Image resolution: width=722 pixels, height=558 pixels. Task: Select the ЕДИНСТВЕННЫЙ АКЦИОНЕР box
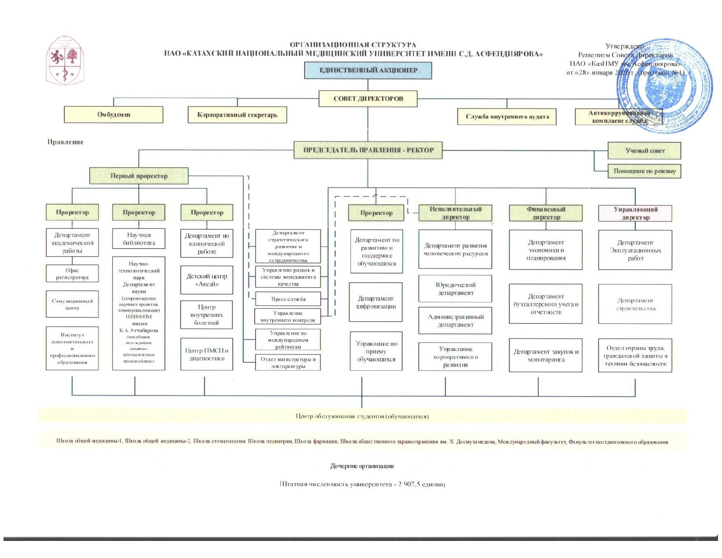coord(368,70)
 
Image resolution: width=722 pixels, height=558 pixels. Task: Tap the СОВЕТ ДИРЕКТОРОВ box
coord(368,99)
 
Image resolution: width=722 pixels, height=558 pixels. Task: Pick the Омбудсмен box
coord(114,115)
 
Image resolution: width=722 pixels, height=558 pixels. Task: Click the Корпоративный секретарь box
coord(237,115)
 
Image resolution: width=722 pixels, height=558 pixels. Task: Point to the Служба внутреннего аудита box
coord(507,117)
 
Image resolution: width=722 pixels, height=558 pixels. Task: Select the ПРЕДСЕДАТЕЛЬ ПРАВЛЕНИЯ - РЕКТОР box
coord(368,150)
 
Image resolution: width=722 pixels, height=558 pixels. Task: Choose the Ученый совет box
coord(644,151)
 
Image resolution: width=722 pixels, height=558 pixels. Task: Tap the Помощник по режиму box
coord(644,171)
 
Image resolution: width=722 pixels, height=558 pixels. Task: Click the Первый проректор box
coord(139,176)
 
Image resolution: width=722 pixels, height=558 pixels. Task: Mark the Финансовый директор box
coord(546,213)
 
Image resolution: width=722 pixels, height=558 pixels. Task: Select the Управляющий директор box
coord(635,213)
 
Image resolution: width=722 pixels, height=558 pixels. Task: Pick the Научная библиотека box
coord(139,239)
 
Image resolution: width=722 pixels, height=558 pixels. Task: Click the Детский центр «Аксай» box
coord(207,281)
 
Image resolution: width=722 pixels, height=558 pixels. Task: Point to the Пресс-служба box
coord(288,299)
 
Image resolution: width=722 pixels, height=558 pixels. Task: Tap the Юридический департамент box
coord(455,289)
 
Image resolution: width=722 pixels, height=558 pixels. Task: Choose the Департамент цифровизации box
coord(376,302)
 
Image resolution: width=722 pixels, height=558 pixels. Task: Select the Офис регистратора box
coord(72,274)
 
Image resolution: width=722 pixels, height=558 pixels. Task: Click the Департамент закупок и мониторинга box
coord(546,355)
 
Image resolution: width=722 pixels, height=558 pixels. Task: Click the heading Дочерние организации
coord(361,466)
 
